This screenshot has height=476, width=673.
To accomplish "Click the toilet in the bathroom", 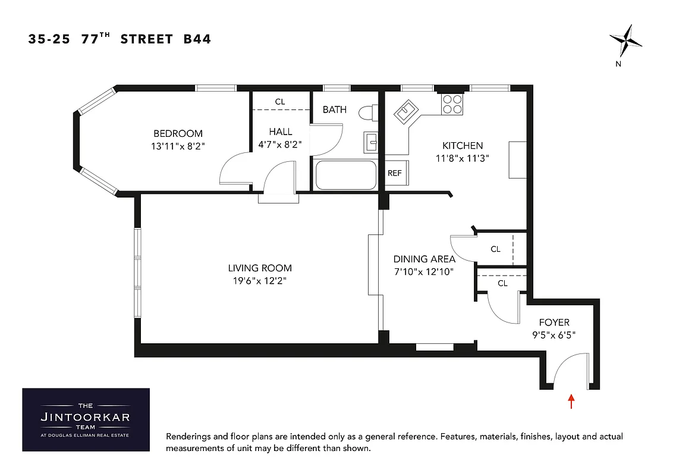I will click(x=367, y=112).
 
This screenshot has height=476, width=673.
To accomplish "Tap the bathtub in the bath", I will click(x=345, y=175).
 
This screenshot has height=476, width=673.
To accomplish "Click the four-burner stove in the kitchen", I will click(x=452, y=105).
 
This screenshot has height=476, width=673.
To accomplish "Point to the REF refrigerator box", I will click(x=395, y=173).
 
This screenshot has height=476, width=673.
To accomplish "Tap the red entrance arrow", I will click(x=572, y=401).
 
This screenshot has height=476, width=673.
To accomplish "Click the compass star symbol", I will click(x=625, y=42).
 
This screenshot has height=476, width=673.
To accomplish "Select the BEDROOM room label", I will click(x=178, y=133).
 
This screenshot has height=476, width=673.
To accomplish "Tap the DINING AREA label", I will click(x=424, y=259).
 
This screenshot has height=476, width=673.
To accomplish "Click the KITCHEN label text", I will click(x=463, y=145).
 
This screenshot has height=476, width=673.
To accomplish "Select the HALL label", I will click(x=280, y=131).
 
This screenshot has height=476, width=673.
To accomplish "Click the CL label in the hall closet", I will click(x=280, y=102).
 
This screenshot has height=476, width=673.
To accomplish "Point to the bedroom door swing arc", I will click(x=234, y=170).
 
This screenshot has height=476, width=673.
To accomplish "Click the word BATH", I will click(x=335, y=109).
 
